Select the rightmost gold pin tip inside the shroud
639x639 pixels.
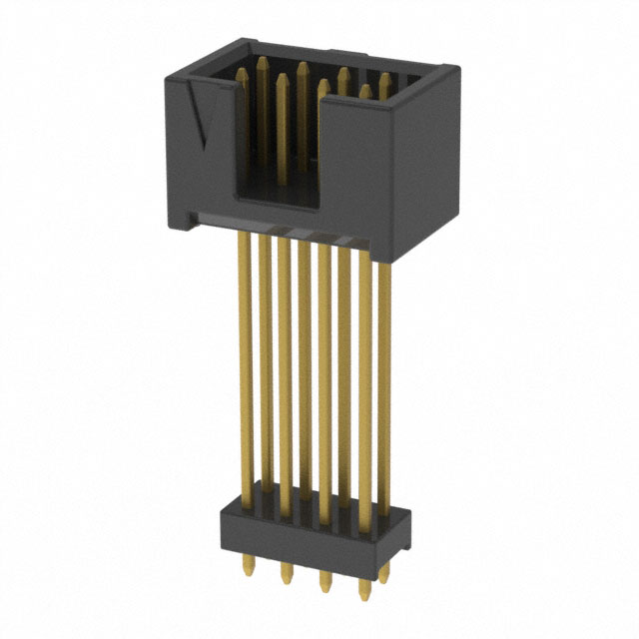click(x=384, y=78)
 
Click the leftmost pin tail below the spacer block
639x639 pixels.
click(x=249, y=569)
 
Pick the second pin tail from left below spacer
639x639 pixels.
click(x=286, y=575)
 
